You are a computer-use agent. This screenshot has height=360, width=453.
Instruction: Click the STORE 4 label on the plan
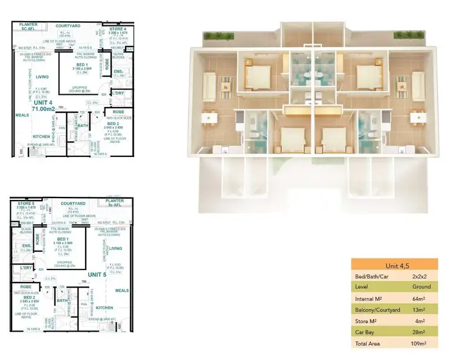tap(118, 29)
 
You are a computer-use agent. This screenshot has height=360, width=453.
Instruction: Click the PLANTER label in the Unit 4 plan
tap(27, 26)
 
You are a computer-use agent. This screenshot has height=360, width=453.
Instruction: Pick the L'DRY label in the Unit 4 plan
tap(118, 92)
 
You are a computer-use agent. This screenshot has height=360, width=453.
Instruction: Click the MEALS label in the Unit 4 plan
tap(22, 115)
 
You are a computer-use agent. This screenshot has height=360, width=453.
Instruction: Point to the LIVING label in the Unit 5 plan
tap(115, 248)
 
